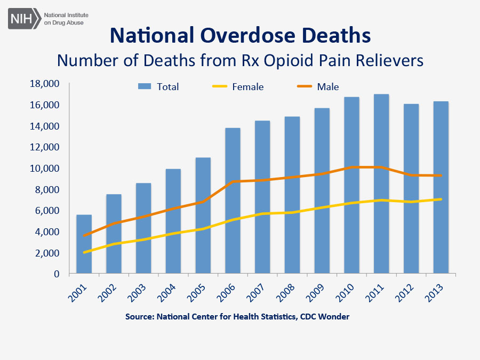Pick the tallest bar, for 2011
tap(381, 184)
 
